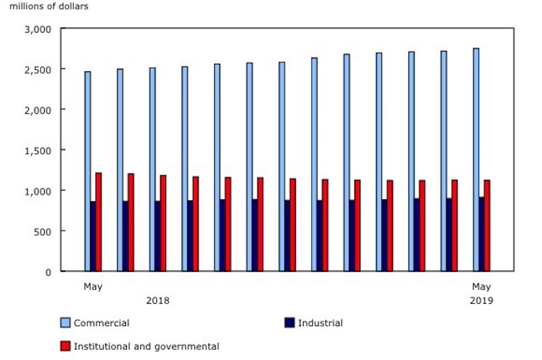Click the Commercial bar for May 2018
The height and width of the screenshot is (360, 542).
87,171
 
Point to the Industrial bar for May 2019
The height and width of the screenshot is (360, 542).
481,234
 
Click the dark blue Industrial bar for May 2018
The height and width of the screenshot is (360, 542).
93,236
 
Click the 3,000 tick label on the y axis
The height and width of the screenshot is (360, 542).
38,29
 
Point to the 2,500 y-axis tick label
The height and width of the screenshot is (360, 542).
38,69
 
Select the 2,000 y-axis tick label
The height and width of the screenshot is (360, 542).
38,110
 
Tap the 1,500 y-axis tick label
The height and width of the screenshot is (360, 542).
38,150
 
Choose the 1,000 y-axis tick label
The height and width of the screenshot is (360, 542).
38,191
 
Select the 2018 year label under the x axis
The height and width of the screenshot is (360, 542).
158,300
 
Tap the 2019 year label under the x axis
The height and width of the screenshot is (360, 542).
482,300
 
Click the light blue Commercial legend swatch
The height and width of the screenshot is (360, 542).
66,323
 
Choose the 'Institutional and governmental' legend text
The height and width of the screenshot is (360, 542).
147,346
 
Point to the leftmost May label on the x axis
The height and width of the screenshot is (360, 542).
93,287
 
